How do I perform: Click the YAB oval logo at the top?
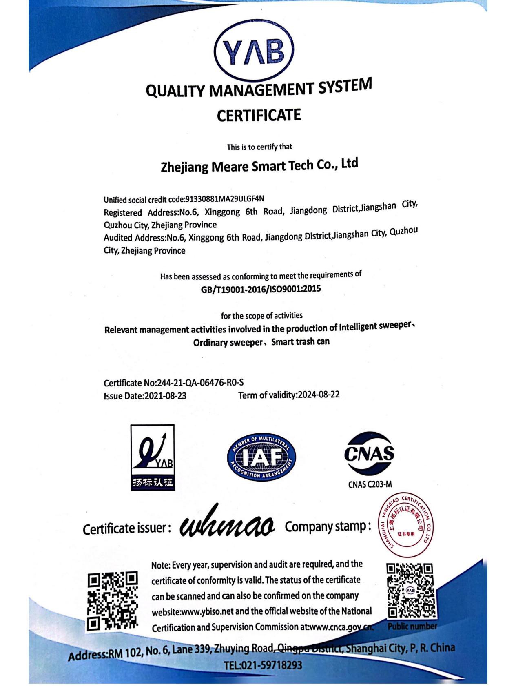[x=253, y=51]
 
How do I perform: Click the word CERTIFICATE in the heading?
[x=259, y=116]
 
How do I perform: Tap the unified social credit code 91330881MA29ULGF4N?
[x=225, y=199]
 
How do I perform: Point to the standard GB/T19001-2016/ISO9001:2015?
[x=261, y=289]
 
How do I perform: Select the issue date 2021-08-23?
[x=165, y=396]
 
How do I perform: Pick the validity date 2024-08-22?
[x=319, y=395]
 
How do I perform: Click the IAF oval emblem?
[x=261, y=457]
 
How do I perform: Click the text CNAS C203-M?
[x=370, y=484]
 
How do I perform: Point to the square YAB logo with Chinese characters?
[x=153, y=457]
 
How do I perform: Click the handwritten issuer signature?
[x=227, y=525]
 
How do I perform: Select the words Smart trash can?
[x=300, y=341]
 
